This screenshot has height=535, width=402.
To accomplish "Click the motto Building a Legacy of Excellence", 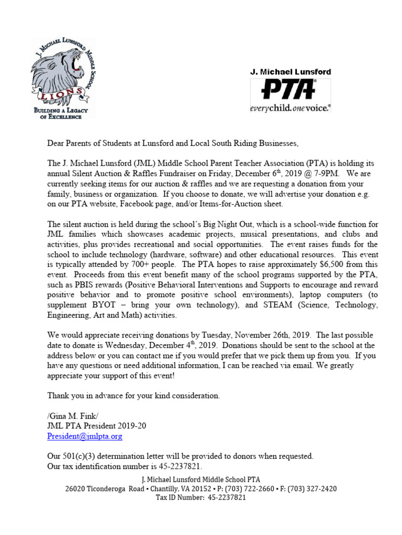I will click(61, 113).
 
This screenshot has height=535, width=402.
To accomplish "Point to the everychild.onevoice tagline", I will click(289, 108).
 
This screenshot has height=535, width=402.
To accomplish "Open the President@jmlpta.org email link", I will click(85, 436).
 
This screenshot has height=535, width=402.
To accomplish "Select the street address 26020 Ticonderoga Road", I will click(106, 489).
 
